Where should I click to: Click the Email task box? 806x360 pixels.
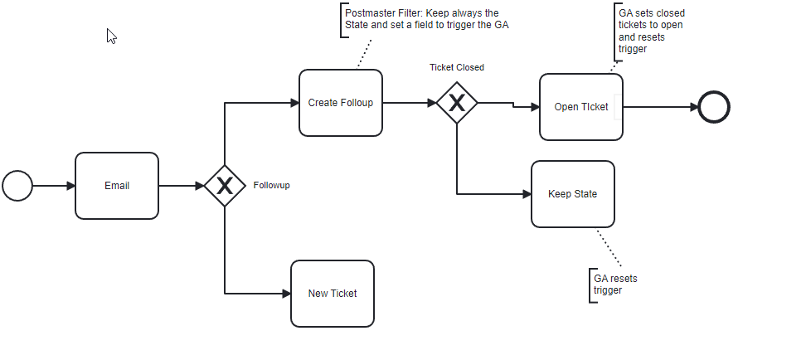tap(117, 186)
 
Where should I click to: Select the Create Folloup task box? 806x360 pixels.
tap(341, 103)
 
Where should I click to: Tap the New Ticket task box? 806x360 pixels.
tap(333, 294)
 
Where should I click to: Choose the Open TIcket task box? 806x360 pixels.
tap(581, 107)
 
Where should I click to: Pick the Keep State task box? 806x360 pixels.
tap(573, 194)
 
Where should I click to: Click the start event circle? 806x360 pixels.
tap(17, 186)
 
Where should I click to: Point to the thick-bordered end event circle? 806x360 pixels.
tap(714, 107)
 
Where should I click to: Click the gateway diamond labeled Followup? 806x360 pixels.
tap(225, 186)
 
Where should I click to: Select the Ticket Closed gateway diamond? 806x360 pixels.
tap(457, 103)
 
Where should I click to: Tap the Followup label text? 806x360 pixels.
tap(271, 186)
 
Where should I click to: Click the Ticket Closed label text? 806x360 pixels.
tap(456, 67)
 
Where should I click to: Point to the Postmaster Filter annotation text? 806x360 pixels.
tap(427, 19)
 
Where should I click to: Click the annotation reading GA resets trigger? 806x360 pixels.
tap(615, 285)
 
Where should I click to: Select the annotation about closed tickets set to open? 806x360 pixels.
tap(652, 31)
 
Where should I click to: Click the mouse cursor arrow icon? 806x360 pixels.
tap(111, 36)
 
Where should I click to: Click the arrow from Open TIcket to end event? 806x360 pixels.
tap(660, 107)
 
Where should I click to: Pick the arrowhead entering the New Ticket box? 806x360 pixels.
tap(285, 294)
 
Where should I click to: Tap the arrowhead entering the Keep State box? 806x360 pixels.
tap(526, 194)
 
